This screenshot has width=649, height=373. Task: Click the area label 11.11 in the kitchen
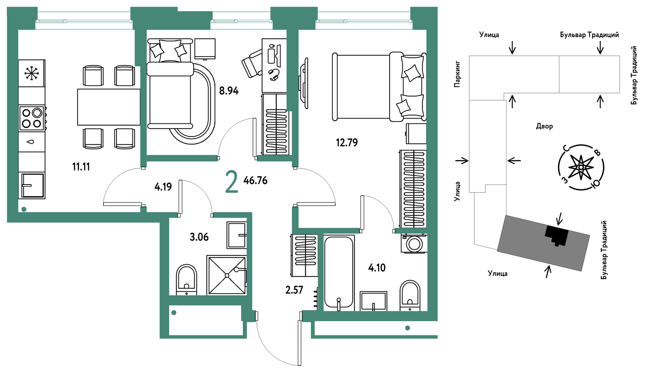[x=81, y=167]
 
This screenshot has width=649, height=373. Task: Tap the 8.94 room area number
[x=229, y=91]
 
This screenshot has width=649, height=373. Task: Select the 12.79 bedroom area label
[x=347, y=142]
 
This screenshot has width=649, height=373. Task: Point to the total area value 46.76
[x=256, y=180]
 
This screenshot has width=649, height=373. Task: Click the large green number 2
[x=231, y=183]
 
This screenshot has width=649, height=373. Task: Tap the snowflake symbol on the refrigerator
[x=31, y=73]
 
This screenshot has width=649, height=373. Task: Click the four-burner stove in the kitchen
[x=32, y=118]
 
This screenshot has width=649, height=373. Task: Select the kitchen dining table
[x=109, y=107]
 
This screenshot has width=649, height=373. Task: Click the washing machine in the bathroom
[x=414, y=244]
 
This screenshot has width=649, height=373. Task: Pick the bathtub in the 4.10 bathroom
[x=339, y=273]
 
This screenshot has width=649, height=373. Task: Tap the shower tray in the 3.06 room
[x=226, y=275]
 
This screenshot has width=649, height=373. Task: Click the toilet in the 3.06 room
[x=187, y=280]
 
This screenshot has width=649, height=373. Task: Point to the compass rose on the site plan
[x=581, y=167]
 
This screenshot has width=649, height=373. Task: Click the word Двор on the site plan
[x=545, y=127]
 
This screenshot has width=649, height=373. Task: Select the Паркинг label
[x=457, y=74]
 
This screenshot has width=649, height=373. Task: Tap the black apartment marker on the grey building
[x=557, y=235]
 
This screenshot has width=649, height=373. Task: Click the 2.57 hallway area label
[x=294, y=290]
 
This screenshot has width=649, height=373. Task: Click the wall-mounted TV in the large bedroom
[x=304, y=83]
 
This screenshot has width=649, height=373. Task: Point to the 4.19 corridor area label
[x=163, y=187]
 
